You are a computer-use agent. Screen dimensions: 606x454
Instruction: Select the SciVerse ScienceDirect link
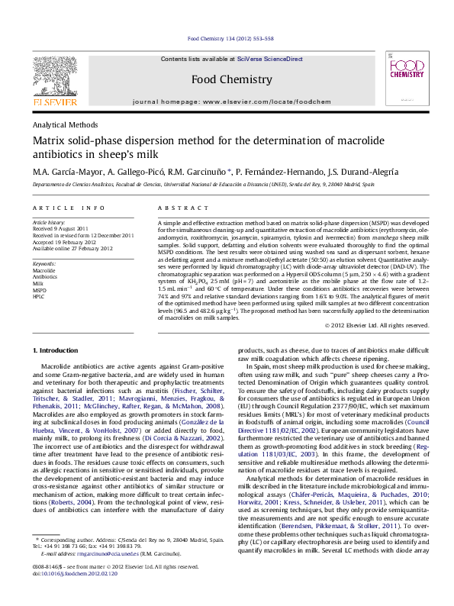point(269,59)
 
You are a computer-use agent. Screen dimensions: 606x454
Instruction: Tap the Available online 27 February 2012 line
point(72,248)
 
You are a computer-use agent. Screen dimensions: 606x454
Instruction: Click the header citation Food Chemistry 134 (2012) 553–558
point(230,38)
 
